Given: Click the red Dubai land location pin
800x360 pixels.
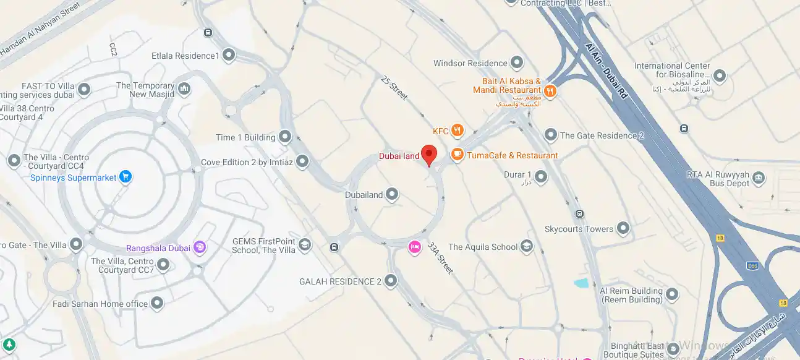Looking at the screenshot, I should [x=429, y=154].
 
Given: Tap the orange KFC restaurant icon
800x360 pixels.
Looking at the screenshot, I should [x=457, y=131].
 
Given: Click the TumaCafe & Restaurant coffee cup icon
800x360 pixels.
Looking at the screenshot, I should [x=457, y=155].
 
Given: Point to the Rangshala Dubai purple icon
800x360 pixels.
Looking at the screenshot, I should [x=199, y=248].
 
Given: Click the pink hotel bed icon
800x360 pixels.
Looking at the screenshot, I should [x=414, y=247].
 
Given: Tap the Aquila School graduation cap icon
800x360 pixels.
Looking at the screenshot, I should [x=526, y=247].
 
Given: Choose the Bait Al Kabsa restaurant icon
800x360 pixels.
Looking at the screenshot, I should [x=550, y=92].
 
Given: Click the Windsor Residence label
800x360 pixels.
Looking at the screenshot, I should [x=470, y=63].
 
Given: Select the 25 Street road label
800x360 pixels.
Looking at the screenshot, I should [x=395, y=88].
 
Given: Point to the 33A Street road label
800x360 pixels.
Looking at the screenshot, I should [x=441, y=257].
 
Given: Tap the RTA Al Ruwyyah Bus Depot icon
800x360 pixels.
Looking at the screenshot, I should [x=759, y=179].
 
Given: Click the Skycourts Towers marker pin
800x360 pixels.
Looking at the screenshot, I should [x=623, y=229].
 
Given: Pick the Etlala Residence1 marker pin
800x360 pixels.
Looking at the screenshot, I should [x=229, y=56].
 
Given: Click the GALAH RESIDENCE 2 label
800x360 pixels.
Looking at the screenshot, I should [x=340, y=281].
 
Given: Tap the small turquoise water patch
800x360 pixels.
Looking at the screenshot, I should [x=582, y=283].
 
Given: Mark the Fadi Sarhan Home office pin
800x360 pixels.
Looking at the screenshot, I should [x=158, y=304].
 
